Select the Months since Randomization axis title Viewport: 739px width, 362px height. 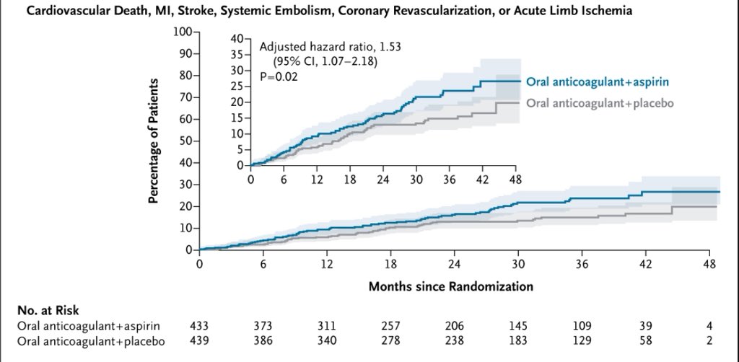(x=451, y=286)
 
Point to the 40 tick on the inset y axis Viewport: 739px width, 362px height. (x=237, y=39)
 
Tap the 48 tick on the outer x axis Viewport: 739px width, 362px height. (x=709, y=263)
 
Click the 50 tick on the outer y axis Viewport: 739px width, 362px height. (x=184, y=141)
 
